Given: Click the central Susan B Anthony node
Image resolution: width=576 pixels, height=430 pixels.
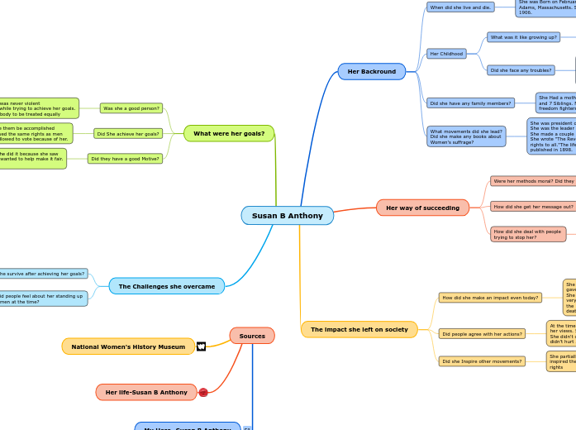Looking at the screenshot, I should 287,216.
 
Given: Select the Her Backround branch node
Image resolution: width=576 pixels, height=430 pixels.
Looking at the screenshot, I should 371,72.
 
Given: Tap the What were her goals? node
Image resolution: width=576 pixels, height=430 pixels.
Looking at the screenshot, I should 229,133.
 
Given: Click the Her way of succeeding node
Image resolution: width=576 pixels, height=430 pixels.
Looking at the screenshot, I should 422,208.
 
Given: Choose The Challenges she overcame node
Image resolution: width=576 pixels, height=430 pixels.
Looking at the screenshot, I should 166,286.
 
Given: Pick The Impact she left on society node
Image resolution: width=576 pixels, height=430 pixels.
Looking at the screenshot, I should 359,329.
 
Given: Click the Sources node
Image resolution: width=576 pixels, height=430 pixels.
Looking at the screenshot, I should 252,336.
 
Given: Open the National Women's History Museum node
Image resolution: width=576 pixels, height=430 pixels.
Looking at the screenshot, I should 128,346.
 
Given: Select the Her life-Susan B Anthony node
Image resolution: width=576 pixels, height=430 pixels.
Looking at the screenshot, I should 146,392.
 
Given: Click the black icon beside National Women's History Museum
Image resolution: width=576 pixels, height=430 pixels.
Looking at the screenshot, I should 201,346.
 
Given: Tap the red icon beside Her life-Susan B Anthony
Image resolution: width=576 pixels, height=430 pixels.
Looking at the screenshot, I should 203,392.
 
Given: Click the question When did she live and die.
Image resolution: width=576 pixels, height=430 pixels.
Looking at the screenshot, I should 460,7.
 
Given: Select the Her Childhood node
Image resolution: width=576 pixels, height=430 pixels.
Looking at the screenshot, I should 446,54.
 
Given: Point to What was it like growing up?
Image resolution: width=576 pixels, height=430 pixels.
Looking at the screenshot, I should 523,37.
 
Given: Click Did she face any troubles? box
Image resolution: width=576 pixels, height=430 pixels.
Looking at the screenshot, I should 521,70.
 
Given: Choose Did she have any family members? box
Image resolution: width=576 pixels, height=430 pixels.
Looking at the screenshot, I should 470,103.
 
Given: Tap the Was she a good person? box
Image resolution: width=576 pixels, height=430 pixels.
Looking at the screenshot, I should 131,108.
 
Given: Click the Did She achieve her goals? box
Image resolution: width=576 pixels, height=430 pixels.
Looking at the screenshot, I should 128,133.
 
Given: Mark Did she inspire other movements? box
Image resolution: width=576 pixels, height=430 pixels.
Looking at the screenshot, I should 482,361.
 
